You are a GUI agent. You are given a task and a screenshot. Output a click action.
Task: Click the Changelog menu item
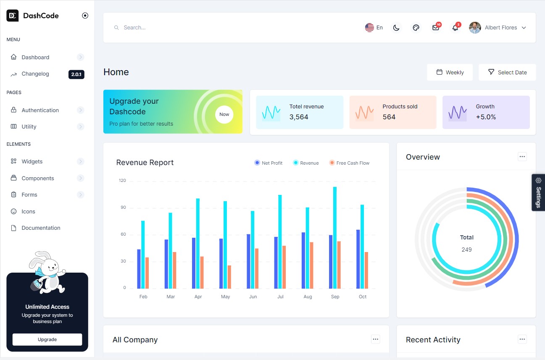click(x=35, y=74)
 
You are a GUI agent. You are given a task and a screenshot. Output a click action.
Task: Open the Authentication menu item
click(x=40, y=110)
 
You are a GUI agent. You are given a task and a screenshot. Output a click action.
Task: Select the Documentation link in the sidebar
click(x=41, y=228)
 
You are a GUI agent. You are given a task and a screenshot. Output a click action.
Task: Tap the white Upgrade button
click(x=47, y=339)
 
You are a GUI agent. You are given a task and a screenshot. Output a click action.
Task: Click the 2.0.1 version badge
click(x=76, y=74)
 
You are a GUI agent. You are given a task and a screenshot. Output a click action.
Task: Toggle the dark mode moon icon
click(x=396, y=28)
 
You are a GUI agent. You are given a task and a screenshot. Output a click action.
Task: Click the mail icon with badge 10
click(x=435, y=28)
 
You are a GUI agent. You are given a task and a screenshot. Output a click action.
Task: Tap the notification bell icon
click(x=455, y=28)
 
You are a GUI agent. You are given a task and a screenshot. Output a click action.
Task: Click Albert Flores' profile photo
click(x=475, y=28)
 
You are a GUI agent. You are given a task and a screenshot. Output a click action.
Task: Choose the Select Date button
click(x=507, y=72)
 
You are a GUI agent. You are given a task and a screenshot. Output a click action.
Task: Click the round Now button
click(x=224, y=114)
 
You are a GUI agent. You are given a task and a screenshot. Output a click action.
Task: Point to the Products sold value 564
click(x=389, y=117)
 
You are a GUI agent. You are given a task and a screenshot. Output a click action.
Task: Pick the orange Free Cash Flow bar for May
click(x=229, y=277)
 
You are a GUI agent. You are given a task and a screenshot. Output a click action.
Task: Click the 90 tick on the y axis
click(x=122, y=208)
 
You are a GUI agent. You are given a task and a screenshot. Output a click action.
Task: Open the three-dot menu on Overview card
click(x=522, y=157)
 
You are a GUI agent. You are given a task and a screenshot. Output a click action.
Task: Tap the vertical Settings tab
click(x=538, y=192)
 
